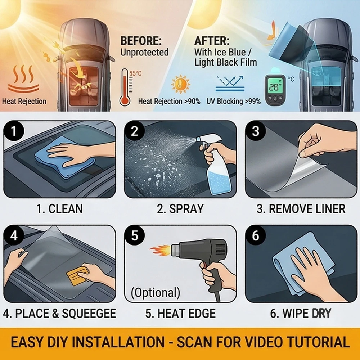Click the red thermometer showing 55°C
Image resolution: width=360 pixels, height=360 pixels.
[125, 87]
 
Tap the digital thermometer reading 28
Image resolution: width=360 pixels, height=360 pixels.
[275, 89]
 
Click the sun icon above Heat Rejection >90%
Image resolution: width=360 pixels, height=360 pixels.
[181, 84]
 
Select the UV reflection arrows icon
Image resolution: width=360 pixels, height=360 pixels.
[230, 84]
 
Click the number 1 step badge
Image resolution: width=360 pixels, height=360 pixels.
[14, 131]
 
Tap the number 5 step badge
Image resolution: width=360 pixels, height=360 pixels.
[135, 235]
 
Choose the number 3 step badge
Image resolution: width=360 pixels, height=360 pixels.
[256, 131]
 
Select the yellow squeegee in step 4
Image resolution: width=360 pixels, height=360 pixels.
[77, 276]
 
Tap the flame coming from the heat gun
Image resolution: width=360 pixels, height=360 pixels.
[160, 249]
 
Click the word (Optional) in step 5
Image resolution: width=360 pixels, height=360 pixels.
[156, 292]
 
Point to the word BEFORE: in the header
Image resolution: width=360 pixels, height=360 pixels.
[141, 41]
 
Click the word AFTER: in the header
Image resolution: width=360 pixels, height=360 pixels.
[212, 41]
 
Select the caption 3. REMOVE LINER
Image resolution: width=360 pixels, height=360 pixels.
[301, 209]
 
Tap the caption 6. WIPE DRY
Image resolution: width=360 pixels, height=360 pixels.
[301, 314]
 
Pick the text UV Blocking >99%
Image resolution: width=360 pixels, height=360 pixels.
[234, 101]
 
